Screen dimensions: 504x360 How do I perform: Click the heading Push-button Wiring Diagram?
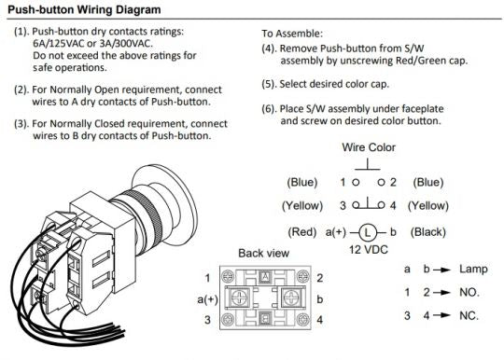tap(84, 9)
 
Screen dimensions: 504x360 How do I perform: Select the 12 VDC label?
tap(369, 250)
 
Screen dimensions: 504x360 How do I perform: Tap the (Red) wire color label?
tap(301, 232)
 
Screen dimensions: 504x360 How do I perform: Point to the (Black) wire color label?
tap(428, 232)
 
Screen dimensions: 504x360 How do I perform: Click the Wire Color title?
tap(369, 147)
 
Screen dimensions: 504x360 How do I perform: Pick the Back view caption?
tap(263, 253)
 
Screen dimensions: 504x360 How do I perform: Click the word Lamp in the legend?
tap(473, 270)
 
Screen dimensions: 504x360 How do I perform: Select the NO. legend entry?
tap(469, 292)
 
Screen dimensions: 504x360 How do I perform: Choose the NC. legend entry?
tap(469, 315)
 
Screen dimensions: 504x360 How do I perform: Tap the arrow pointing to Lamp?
tap(442, 270)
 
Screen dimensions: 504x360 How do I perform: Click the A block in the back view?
tap(265, 276)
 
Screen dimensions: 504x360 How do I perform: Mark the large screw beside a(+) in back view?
tap(239, 298)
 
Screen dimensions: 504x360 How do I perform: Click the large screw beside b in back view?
tap(290, 298)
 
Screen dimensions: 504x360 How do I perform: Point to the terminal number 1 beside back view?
tap(207, 278)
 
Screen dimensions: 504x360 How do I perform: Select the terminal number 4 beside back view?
tap(319, 320)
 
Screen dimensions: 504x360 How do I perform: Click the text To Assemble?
tap(292, 34)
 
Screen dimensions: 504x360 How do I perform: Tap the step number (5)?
tap(270, 85)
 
